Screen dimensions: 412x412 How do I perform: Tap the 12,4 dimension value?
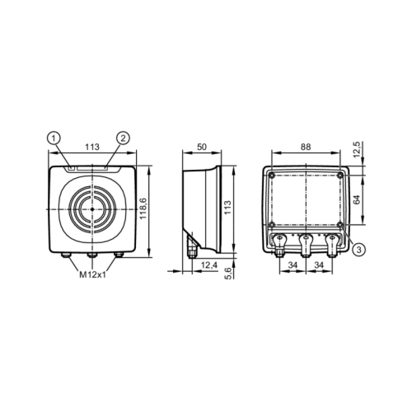(x=208, y=265)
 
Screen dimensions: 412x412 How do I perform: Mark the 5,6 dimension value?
(x=229, y=274)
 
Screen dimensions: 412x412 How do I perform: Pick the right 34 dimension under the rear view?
(x=319, y=265)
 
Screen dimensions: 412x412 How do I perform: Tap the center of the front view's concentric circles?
(x=92, y=210)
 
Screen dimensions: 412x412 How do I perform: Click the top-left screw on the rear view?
(x=271, y=176)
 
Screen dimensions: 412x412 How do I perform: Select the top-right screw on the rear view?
(x=340, y=176)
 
